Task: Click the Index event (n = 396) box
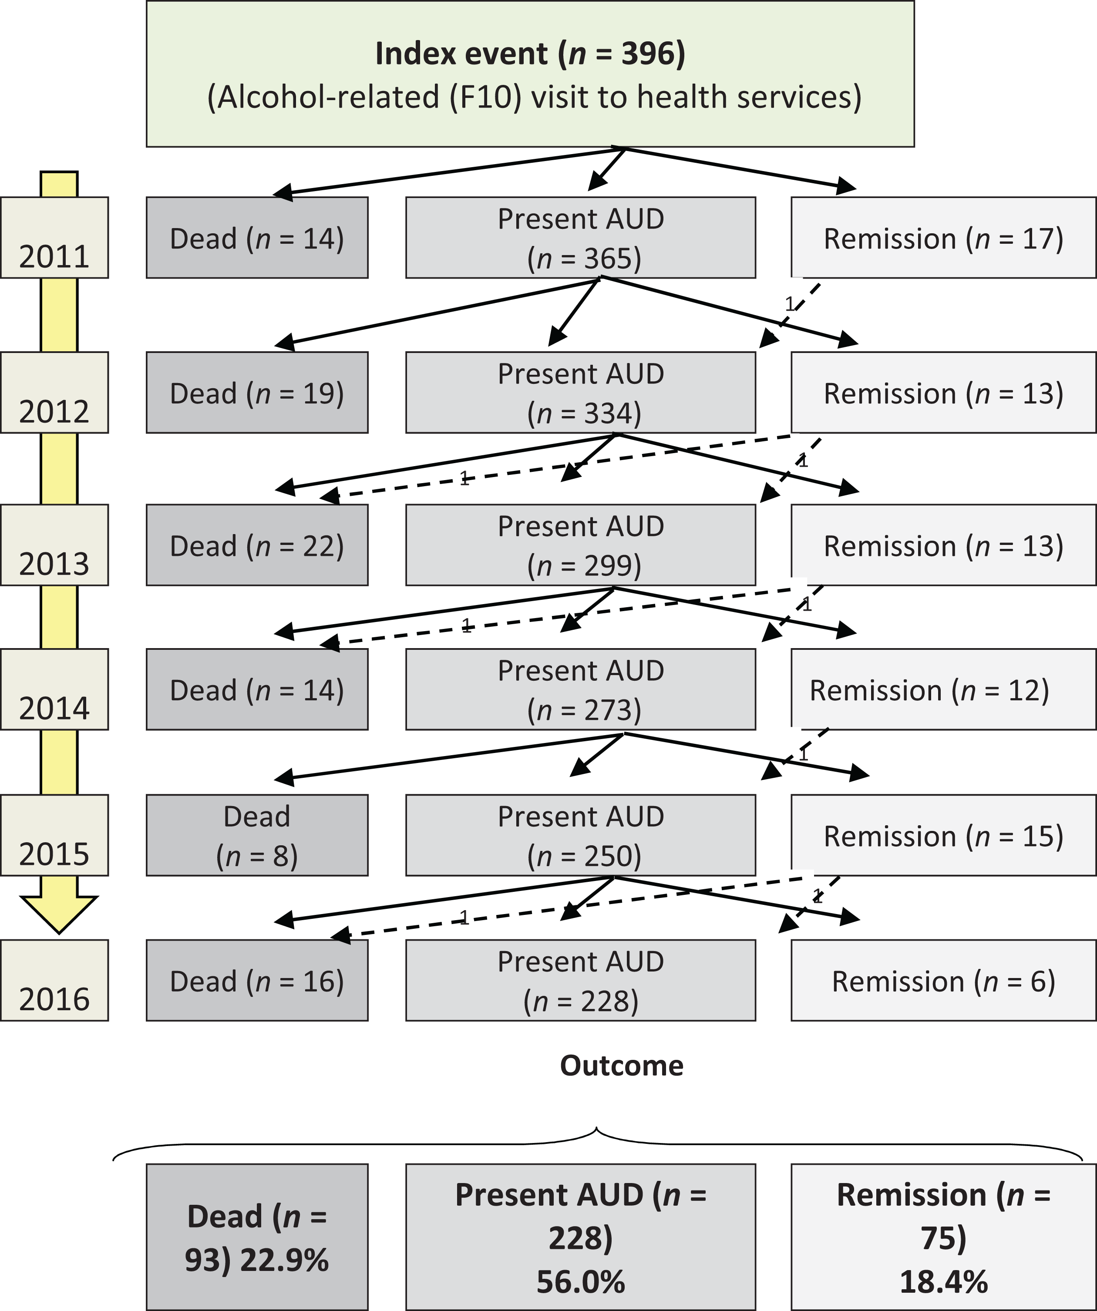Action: (x=530, y=74)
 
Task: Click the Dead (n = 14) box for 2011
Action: (x=257, y=238)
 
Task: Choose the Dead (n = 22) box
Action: (x=257, y=545)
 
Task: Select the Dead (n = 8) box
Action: (x=257, y=835)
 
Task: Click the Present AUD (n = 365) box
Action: (x=581, y=238)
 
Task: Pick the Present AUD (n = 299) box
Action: (x=581, y=545)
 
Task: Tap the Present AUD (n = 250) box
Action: (x=581, y=835)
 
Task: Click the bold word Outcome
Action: (x=622, y=1066)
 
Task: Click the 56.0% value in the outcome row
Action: (x=581, y=1282)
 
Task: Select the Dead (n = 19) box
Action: (x=257, y=393)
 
